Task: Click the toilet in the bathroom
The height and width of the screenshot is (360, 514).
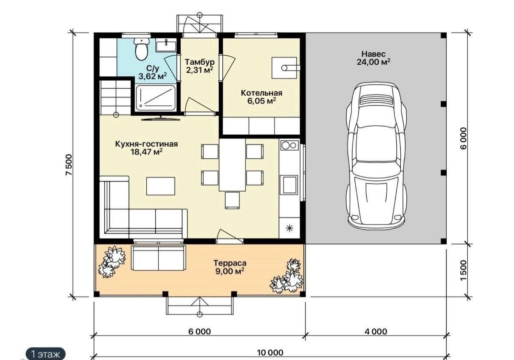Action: click(x=142, y=49)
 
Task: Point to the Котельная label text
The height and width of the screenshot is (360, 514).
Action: click(x=261, y=93)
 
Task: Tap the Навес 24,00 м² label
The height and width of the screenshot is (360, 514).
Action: click(x=373, y=57)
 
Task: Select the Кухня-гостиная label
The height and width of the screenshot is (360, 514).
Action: click(x=147, y=144)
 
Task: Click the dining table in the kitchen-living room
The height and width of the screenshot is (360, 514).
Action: click(x=232, y=164)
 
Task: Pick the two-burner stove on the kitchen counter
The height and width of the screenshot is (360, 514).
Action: click(x=289, y=145)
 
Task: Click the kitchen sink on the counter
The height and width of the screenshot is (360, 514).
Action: click(x=289, y=185)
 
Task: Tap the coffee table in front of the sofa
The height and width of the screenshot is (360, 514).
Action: click(x=160, y=186)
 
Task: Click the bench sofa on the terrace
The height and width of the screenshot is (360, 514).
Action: click(x=158, y=258)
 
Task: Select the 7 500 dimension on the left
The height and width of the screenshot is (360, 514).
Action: click(x=69, y=165)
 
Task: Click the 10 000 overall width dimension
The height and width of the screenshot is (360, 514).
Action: click(x=270, y=352)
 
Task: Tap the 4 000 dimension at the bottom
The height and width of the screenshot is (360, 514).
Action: click(x=376, y=332)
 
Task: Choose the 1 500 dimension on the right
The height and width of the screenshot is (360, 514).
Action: click(x=463, y=270)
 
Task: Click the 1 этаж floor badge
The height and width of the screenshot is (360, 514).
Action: click(x=45, y=354)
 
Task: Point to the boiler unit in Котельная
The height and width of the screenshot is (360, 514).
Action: click(x=284, y=68)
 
